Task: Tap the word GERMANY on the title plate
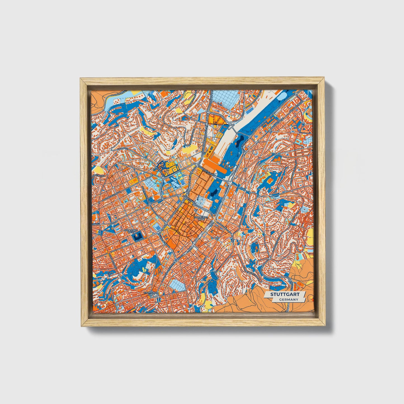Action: coord(288,299)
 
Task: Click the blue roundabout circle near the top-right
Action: coord(303,124)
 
